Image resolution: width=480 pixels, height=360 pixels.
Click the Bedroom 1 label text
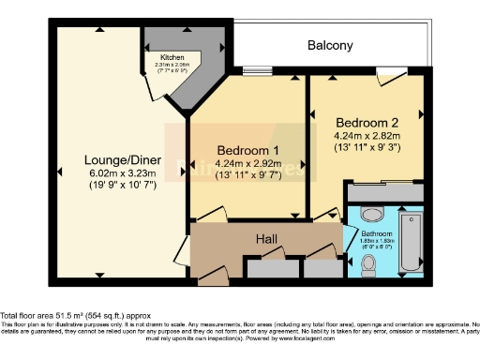click(x=247, y=150)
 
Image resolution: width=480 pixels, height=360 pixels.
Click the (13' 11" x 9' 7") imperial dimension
click(x=247, y=175)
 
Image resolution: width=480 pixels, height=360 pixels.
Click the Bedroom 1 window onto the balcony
click(x=257, y=69)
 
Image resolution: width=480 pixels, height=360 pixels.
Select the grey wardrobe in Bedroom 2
click(x=384, y=191)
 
